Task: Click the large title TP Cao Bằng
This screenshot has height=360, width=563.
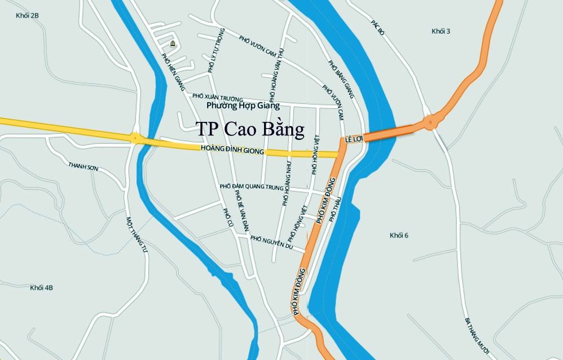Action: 250,129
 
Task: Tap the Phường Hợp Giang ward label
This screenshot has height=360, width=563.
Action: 243,106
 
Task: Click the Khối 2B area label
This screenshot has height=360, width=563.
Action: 27,15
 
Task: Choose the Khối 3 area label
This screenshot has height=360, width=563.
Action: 441,31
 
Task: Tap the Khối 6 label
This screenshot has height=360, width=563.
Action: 399,235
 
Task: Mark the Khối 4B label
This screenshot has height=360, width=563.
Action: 42,288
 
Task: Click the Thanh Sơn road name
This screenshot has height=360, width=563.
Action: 83,168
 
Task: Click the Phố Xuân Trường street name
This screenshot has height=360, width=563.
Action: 217,98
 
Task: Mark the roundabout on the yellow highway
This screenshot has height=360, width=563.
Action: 135,137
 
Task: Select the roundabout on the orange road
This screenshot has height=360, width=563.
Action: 432,121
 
